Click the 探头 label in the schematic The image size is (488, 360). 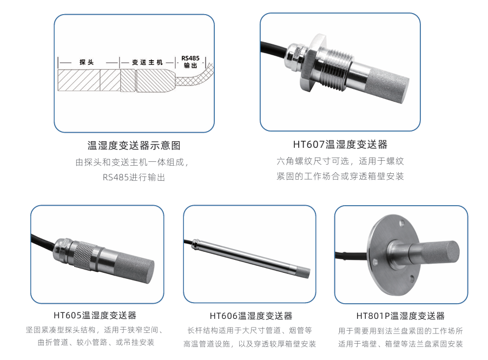coord(87,62)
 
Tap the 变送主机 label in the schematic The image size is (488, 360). coord(147,62)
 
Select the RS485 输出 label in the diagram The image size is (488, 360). coord(190,62)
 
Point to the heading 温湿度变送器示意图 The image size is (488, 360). coord(134,146)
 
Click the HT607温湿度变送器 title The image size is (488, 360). coord(340,145)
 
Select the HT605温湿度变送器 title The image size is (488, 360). coord(95,316)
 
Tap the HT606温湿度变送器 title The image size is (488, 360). coord(251,316)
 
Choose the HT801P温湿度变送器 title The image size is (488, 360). coord(400,316)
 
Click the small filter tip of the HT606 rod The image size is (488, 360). coord(300,272)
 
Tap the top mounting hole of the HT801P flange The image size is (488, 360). coord(402,222)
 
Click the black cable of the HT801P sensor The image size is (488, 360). coord(351,256)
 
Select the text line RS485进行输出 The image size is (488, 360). coord(134,177)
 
